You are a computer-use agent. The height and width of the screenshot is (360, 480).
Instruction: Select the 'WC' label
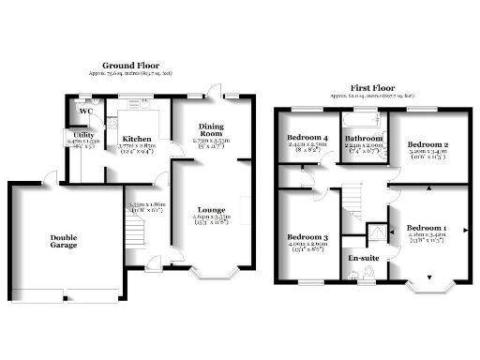pos(85,112)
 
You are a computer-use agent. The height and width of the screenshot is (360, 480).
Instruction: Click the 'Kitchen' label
pos(136,139)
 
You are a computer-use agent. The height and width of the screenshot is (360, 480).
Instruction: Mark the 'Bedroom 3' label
pos(308,236)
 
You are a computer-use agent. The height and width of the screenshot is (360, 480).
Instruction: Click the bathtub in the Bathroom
pos(363,120)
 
